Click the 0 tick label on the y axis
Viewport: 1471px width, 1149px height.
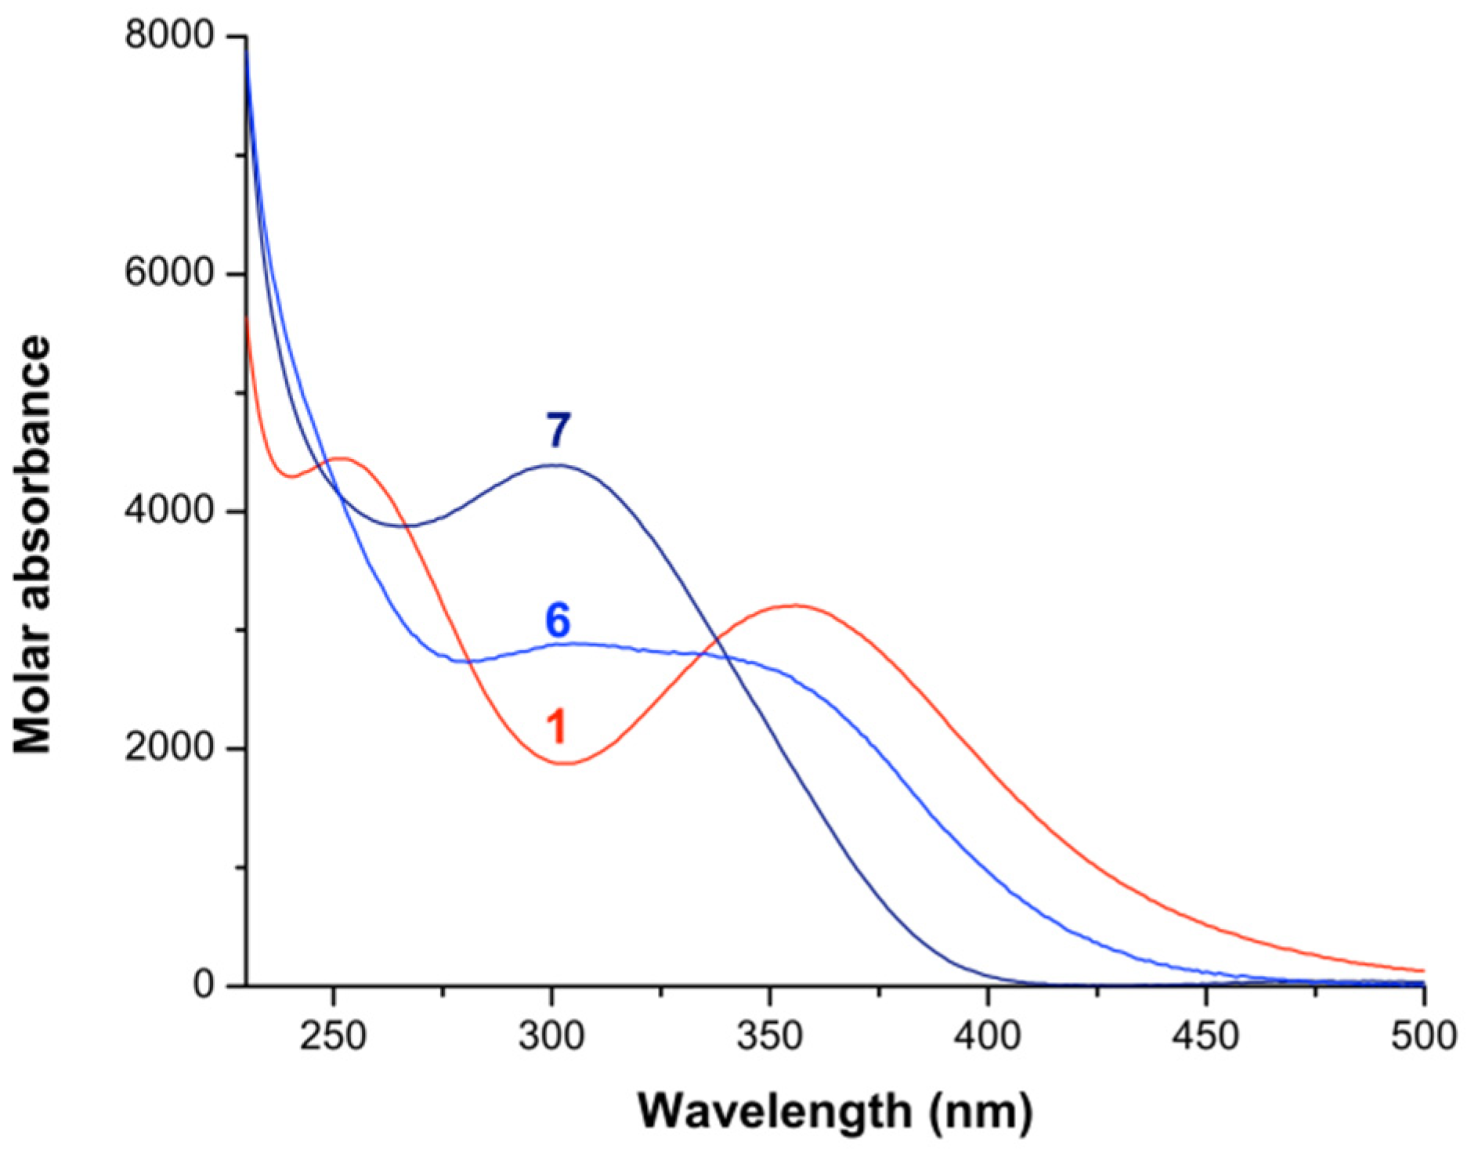(x=204, y=985)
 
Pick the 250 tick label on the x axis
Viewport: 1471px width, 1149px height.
(x=334, y=1036)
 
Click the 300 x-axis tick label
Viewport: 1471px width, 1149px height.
(x=552, y=1036)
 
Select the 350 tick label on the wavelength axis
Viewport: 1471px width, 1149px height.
(x=770, y=1036)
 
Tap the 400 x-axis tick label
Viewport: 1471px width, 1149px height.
(x=988, y=1036)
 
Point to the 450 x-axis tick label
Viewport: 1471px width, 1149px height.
(x=1205, y=1036)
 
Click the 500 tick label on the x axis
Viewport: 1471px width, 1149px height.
(x=1422, y=1036)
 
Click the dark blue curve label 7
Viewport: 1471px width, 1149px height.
(x=558, y=430)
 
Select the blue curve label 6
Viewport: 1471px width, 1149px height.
(x=558, y=620)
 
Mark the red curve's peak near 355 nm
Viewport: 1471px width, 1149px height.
(x=794, y=605)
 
